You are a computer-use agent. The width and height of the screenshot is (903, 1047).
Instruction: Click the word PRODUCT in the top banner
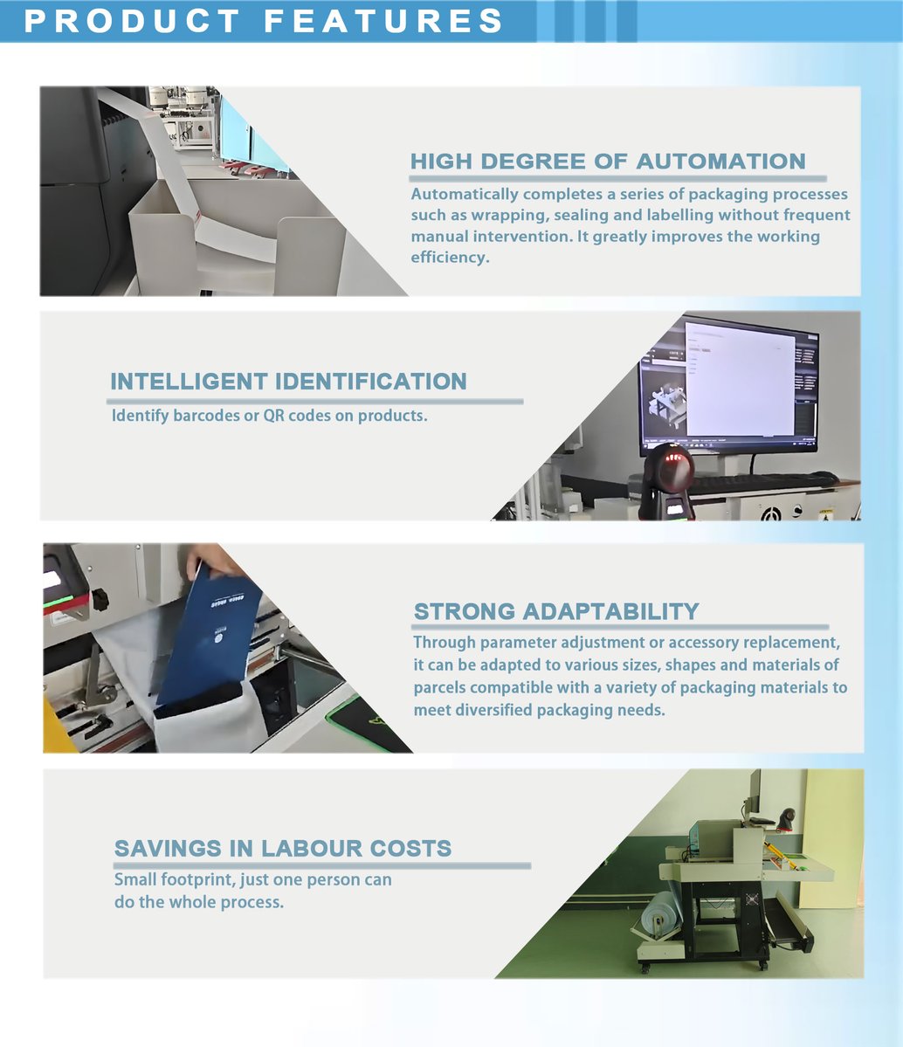pos(132,21)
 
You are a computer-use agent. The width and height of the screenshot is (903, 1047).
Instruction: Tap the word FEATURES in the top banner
pos(384,21)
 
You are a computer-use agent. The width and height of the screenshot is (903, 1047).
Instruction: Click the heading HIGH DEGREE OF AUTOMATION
pos(608,162)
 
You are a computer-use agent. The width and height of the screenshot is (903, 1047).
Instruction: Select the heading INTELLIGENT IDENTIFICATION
pos(288,382)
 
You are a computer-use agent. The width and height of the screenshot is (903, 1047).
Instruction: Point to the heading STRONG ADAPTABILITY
pos(556,611)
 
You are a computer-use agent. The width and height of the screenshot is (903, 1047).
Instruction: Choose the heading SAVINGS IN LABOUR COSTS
pos(283,848)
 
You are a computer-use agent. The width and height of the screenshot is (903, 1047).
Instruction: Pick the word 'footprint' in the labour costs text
pos(196,879)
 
